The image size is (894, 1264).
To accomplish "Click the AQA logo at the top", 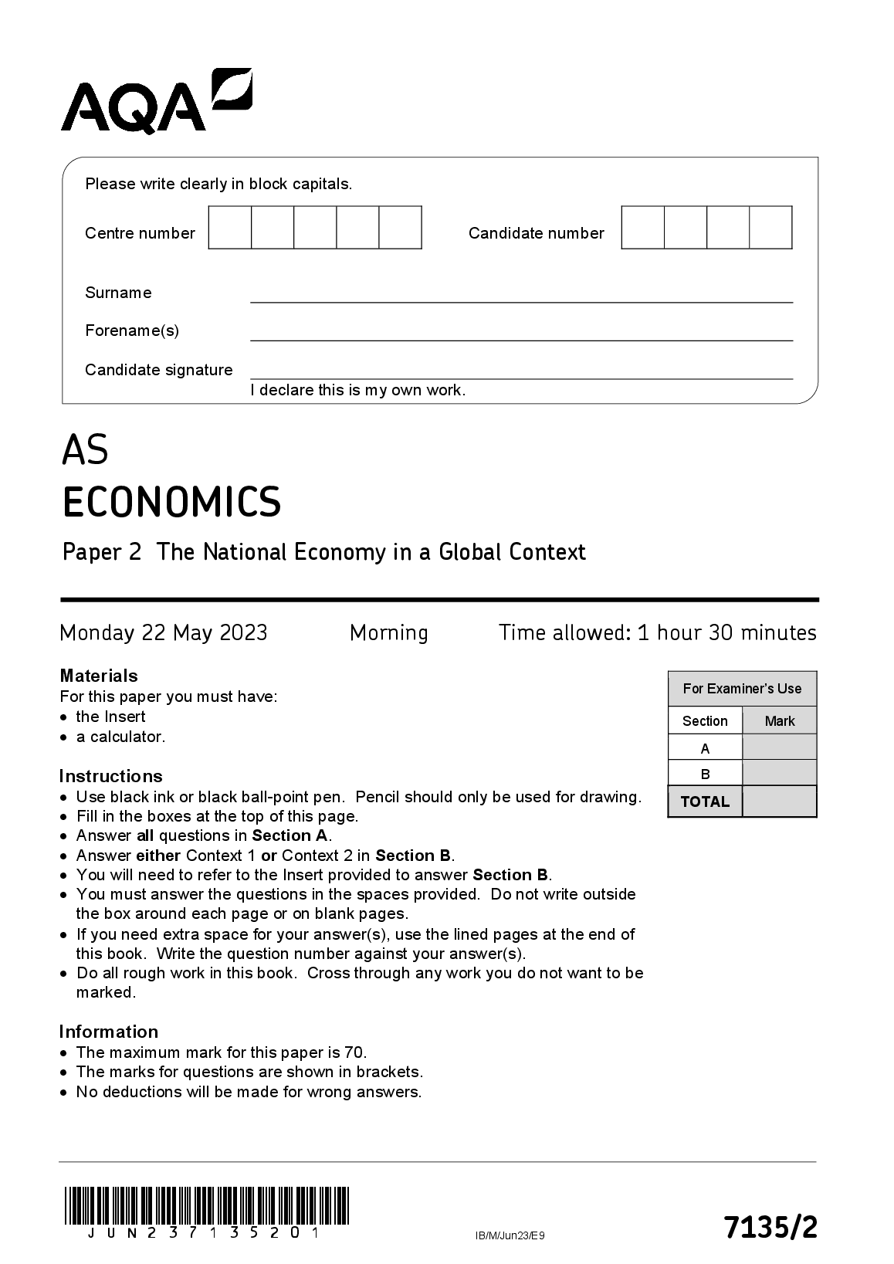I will click(x=156, y=100).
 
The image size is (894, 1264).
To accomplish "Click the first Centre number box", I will click(x=230, y=228).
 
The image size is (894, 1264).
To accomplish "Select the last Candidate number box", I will click(x=771, y=228).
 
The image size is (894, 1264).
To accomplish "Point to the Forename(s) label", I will click(x=132, y=330).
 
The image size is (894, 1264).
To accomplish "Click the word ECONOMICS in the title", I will click(x=171, y=502).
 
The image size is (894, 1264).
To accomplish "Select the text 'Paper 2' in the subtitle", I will click(x=102, y=552).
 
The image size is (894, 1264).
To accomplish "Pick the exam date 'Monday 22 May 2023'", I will click(x=164, y=633).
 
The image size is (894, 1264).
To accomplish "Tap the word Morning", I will click(x=388, y=633).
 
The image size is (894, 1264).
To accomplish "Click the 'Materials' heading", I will click(x=99, y=676).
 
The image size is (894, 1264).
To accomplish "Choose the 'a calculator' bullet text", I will click(x=121, y=737).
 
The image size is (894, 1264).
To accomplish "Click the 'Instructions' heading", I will click(x=110, y=776).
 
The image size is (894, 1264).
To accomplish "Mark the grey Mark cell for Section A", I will click(x=779, y=747).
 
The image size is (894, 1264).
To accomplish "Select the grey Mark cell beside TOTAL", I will click(x=779, y=801).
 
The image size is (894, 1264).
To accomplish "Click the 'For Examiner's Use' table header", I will click(x=742, y=689).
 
